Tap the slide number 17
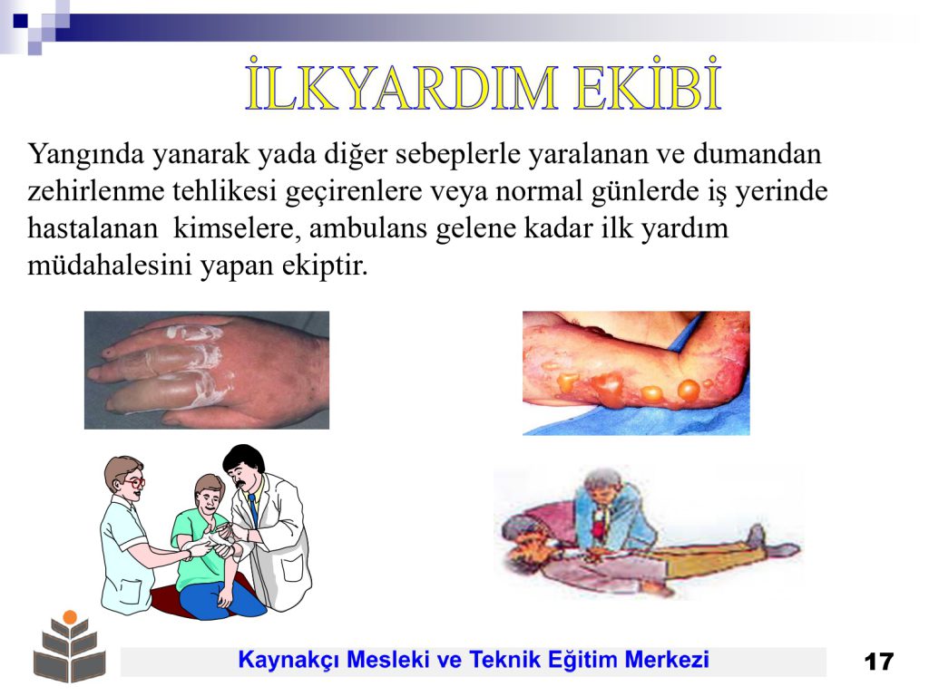tap(878, 662)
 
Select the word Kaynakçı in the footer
tap(288, 660)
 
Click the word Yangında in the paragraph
tap(86, 155)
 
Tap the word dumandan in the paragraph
tap(758, 154)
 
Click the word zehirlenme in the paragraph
tap(96, 192)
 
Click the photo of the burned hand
tap(207, 371)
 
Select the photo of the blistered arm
tap(636, 373)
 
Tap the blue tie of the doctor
tap(253, 510)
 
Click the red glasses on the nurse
tap(134, 482)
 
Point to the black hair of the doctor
tap(243, 458)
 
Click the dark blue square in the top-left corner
tap(20, 21)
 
